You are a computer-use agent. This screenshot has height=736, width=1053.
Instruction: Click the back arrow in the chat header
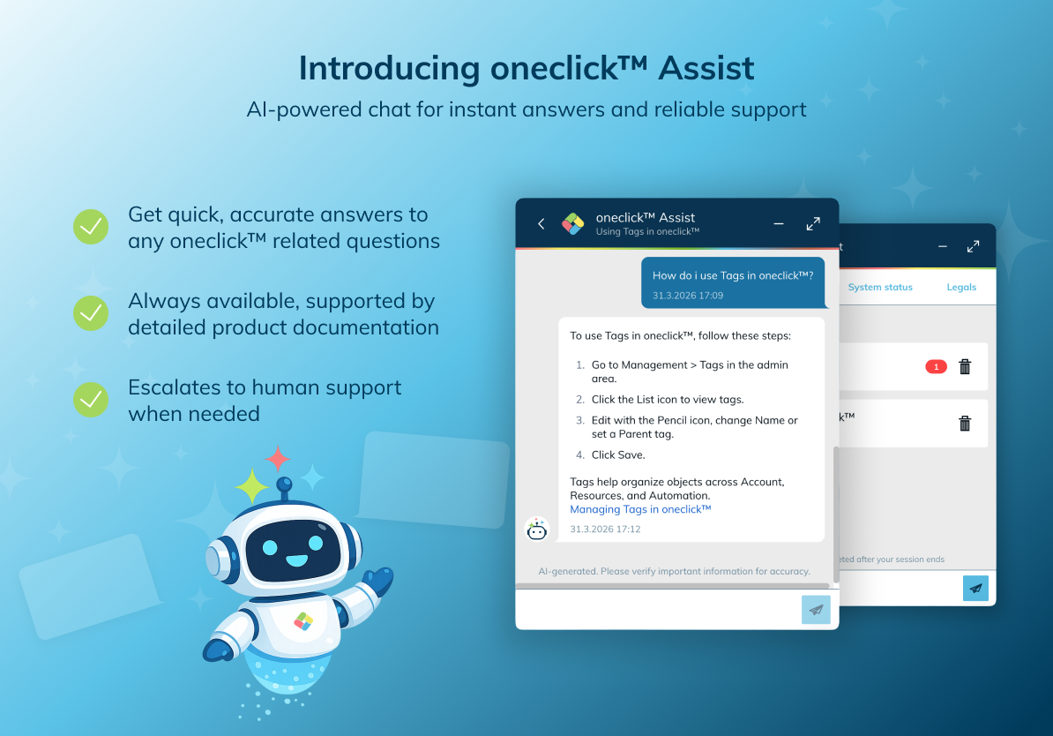tap(541, 224)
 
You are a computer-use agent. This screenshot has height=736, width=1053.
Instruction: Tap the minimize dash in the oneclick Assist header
tap(779, 224)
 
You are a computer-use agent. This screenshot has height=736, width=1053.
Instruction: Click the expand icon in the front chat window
tap(813, 224)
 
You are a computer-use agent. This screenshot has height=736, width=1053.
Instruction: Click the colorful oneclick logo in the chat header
tap(573, 224)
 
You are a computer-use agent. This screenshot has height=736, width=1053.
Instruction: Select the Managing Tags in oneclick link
tap(640, 509)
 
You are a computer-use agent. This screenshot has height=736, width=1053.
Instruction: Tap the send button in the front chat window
tap(816, 610)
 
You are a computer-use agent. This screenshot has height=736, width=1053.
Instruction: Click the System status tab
tap(880, 287)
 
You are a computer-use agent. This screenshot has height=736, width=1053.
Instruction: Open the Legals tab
tap(961, 287)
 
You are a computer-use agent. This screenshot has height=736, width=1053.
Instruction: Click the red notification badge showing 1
tap(937, 367)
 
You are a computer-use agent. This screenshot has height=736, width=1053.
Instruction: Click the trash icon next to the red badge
tap(965, 366)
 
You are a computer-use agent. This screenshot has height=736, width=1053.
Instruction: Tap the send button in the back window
tap(975, 588)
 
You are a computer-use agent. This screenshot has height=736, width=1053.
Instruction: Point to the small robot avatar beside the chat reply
tap(536, 529)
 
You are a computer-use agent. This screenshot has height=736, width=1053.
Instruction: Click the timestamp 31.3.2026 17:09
tap(688, 296)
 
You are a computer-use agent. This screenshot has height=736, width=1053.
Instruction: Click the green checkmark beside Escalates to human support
tap(91, 400)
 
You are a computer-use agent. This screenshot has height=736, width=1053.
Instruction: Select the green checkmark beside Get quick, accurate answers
tap(91, 227)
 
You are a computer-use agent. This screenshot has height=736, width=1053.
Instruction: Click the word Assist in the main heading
tap(706, 69)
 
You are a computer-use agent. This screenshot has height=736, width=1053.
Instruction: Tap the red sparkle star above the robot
tap(277, 459)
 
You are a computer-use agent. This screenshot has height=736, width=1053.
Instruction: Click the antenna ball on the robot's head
tap(284, 484)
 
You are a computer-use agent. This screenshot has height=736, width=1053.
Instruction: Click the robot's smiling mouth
tap(296, 560)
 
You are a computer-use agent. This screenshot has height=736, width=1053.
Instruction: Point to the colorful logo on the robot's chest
tap(303, 622)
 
